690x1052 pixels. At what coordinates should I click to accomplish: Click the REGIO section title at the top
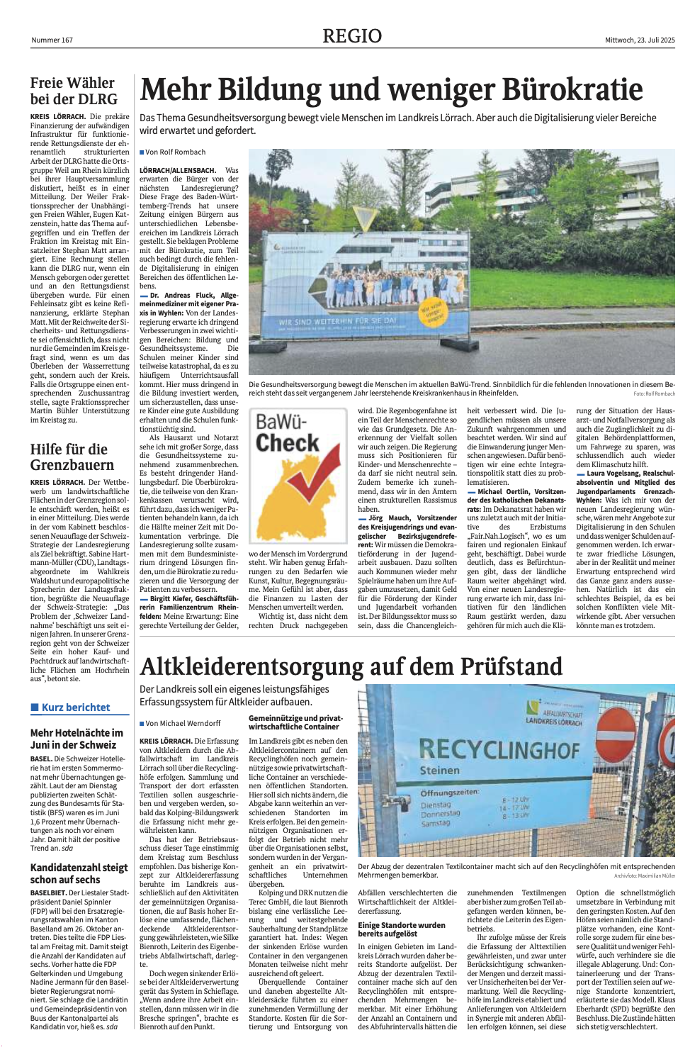click(352, 36)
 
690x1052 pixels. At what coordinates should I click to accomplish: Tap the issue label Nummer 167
click(52, 40)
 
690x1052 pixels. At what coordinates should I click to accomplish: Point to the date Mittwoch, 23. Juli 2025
click(639, 40)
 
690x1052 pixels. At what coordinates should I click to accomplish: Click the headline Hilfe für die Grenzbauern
click(72, 457)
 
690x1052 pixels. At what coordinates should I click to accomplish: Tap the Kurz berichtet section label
click(75, 707)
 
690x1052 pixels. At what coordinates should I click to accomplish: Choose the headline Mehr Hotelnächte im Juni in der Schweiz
click(77, 739)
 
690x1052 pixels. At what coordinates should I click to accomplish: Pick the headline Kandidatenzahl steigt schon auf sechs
click(79, 873)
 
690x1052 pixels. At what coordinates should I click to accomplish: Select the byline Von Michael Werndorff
click(183, 724)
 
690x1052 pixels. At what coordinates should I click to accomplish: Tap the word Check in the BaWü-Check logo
click(288, 444)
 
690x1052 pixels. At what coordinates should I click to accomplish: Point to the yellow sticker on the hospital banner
click(432, 311)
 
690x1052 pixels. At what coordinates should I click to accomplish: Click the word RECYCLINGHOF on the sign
click(499, 749)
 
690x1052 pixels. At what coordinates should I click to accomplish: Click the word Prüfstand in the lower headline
click(511, 667)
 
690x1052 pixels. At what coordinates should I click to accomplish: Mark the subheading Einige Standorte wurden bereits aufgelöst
click(402, 929)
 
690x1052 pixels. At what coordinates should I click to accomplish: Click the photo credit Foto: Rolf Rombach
click(654, 394)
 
